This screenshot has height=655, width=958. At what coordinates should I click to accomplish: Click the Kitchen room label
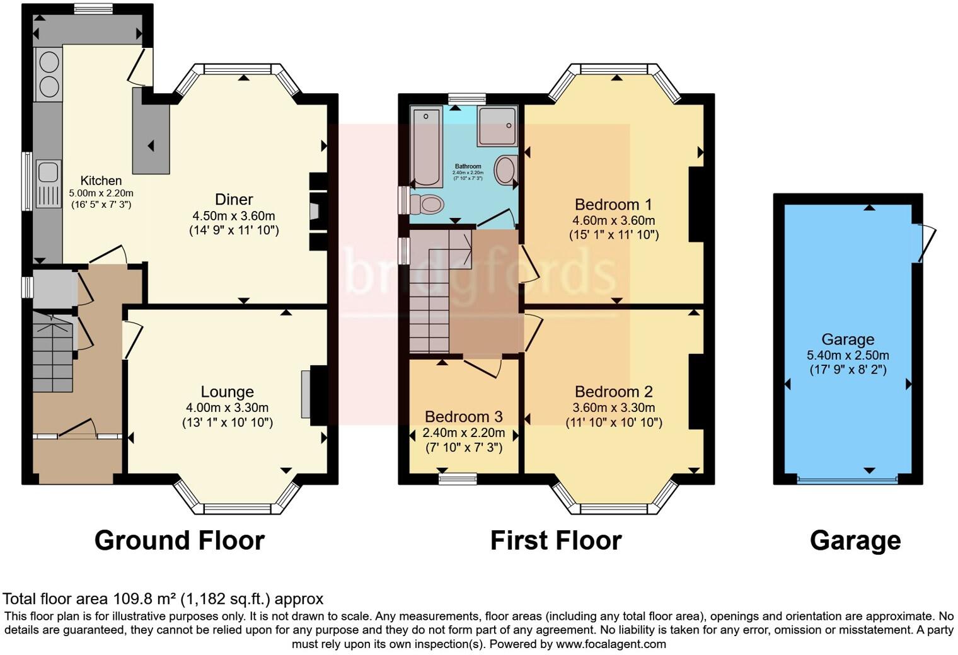click(101, 181)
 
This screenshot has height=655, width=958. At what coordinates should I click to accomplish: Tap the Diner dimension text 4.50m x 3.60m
click(234, 216)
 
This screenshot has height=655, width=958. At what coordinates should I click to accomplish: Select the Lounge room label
click(227, 392)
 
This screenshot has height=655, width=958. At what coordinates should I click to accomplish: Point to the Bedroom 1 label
click(613, 205)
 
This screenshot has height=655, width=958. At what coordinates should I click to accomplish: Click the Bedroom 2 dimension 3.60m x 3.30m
click(613, 408)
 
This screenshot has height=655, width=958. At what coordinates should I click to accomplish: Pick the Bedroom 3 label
click(463, 417)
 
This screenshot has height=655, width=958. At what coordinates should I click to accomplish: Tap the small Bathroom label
click(468, 166)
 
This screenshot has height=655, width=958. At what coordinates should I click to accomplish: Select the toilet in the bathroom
click(427, 204)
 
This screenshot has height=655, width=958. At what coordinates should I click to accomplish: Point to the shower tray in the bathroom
click(497, 127)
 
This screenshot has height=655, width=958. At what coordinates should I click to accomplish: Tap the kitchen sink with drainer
click(48, 183)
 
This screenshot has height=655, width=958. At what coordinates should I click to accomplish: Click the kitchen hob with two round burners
click(49, 74)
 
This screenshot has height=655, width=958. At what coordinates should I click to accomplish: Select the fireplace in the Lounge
click(306, 394)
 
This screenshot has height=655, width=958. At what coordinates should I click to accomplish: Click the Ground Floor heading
click(179, 540)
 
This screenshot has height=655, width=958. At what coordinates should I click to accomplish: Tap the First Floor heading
click(556, 540)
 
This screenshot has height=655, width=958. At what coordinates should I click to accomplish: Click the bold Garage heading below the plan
click(855, 540)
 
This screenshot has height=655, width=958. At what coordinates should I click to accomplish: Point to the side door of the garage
click(925, 242)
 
